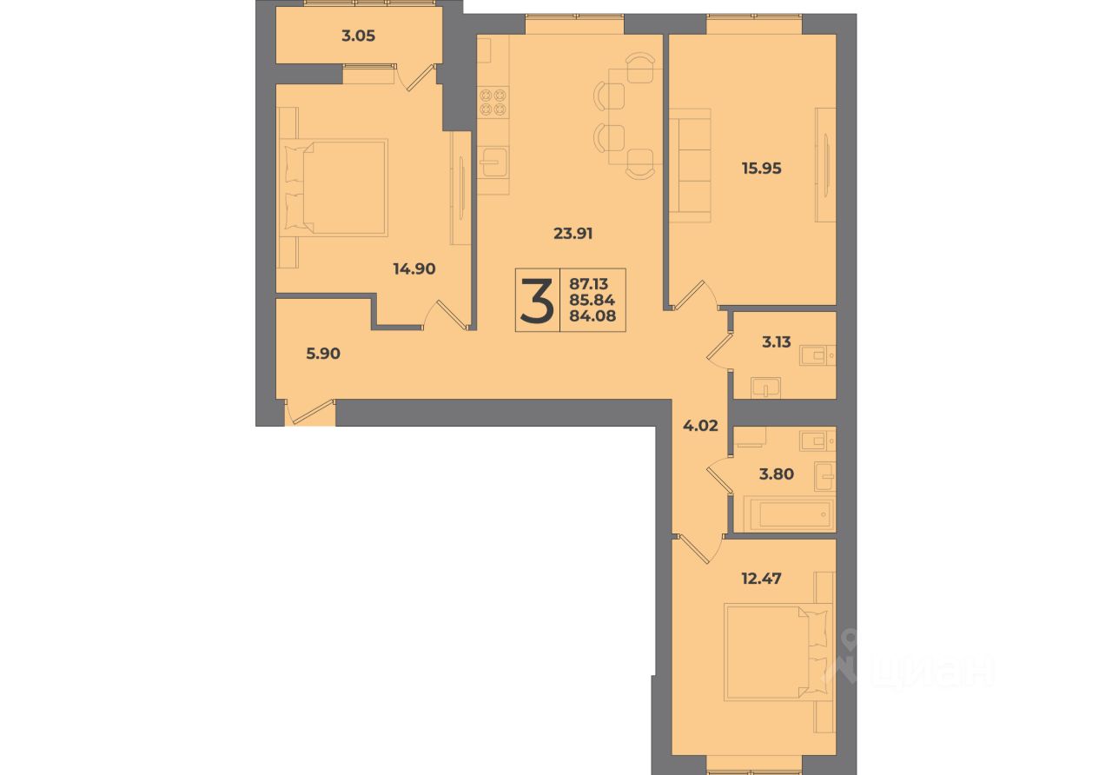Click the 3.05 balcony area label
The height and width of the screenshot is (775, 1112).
click(358, 36)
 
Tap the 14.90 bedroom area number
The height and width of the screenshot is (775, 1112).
click(414, 269)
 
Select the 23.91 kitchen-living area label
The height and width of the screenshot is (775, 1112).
click(573, 234)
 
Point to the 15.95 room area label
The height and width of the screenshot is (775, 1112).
click(762, 169)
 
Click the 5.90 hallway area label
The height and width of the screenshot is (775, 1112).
click(323, 354)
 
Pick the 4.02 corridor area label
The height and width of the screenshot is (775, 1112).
click(700, 426)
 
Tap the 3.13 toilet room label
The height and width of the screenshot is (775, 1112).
click(777, 342)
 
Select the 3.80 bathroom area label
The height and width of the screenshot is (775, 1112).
click(777, 474)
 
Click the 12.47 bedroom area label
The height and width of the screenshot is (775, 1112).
click(762, 579)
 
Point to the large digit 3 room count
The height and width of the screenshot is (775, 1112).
click(537, 301)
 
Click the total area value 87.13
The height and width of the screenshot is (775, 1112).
click(588, 284)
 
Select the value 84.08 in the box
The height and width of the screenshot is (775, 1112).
click(592, 315)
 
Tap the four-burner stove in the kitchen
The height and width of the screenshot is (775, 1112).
click(493, 102)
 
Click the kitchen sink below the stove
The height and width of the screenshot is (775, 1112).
click(493, 162)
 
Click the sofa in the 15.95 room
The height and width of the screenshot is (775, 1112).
click(690, 165)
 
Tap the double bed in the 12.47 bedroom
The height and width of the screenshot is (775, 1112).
click(778, 652)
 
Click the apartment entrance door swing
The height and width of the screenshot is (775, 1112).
click(310, 412)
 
